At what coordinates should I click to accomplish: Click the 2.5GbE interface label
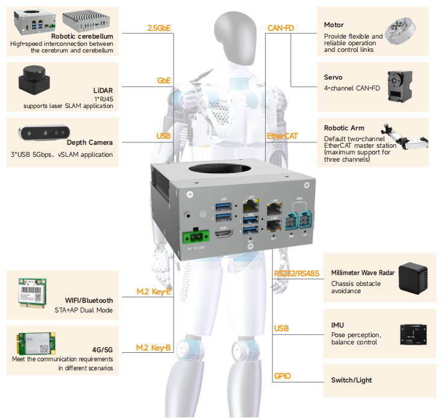[x=158, y=28]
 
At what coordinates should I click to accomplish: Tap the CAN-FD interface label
[x=281, y=28]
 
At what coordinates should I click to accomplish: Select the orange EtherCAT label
[x=282, y=136]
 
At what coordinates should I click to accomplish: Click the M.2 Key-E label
[x=154, y=293]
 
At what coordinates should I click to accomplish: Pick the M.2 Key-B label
[x=154, y=347]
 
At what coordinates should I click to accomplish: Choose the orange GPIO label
[x=282, y=376]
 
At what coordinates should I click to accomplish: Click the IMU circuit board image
[x=415, y=334]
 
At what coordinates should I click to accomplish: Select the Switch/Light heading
[x=352, y=381]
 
